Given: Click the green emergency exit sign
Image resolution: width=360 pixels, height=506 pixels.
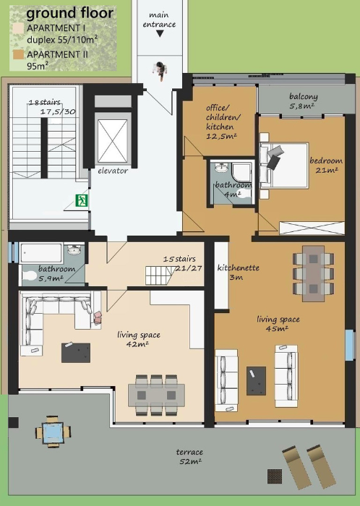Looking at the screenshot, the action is point(82,200).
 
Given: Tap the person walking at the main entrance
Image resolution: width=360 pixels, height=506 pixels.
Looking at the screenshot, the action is point(160,69).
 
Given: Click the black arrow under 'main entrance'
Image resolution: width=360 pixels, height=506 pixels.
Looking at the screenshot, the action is point(160,34).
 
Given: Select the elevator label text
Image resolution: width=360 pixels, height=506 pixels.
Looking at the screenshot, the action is point(113,171).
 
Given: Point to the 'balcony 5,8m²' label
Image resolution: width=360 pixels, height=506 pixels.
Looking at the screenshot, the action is point(303,100).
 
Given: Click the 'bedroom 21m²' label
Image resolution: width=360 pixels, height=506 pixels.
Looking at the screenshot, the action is point(326,166).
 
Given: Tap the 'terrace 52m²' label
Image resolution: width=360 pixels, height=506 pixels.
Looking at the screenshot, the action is point(189,456).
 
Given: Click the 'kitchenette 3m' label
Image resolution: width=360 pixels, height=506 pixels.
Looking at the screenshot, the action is point(238,272).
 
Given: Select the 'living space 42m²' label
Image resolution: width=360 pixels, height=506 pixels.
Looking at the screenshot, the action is point(138,339).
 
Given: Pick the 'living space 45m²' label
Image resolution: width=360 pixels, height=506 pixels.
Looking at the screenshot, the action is point(278,324).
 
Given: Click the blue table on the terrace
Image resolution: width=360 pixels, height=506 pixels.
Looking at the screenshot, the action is point(53,432).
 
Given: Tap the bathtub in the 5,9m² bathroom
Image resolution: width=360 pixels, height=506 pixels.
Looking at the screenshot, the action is point(42,253).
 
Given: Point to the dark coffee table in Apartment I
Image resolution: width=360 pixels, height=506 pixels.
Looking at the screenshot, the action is point(76,353).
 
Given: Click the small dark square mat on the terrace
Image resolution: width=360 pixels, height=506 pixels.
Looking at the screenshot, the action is point(275,476).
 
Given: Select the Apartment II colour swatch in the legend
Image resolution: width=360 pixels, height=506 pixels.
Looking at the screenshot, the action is point(19,54).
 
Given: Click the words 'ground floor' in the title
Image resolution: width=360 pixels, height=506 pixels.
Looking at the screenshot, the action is point(69,14).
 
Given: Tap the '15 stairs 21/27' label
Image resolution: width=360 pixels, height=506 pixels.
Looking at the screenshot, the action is point(182,263).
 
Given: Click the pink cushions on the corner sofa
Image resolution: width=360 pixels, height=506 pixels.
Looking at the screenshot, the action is point(98,317).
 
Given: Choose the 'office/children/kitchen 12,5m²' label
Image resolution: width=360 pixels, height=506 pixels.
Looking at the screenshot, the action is point(223,121).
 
